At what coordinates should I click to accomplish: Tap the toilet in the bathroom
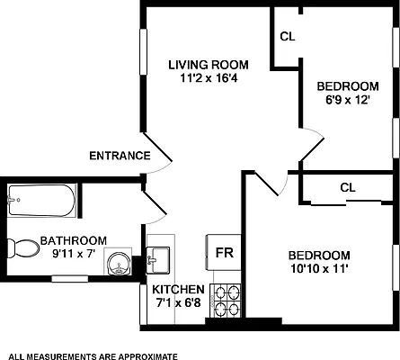point(22,246)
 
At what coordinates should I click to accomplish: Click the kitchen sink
point(160,258)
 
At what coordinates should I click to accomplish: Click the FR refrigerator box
point(223,252)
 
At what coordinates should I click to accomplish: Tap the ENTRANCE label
point(119,156)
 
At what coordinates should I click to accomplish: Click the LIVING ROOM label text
point(209,64)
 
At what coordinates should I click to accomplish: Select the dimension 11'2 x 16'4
point(209,78)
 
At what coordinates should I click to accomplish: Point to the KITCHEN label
point(178,289)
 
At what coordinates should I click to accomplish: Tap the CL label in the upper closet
point(288,37)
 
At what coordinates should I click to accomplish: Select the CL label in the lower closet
point(348,187)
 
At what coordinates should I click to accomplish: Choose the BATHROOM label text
point(75,240)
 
